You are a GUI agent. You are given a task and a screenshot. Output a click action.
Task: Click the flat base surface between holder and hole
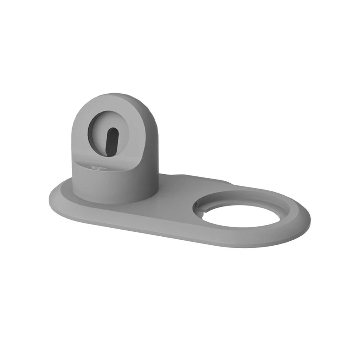(174, 201)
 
